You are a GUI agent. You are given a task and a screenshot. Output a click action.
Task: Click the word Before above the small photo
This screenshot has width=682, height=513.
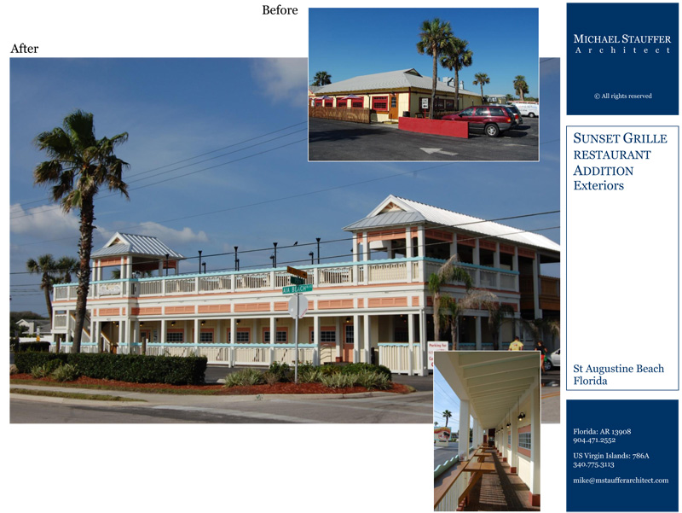(x=280, y=10)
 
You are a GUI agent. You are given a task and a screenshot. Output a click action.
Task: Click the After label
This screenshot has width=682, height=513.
(x=25, y=49)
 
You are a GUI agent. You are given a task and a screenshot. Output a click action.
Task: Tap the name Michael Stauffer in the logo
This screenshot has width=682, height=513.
(x=622, y=38)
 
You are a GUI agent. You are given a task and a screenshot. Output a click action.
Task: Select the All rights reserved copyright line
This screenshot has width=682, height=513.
(x=623, y=96)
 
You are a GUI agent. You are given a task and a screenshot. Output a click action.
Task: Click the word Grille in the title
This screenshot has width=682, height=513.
(x=644, y=138)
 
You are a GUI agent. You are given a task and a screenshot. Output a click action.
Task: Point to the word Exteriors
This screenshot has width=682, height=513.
(x=598, y=185)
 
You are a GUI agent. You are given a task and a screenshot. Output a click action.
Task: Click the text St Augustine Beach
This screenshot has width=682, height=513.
(x=619, y=369)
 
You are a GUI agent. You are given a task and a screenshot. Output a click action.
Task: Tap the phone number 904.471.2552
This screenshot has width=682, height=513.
(x=594, y=440)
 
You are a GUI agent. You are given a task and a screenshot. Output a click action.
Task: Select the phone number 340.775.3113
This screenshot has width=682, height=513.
(x=593, y=464)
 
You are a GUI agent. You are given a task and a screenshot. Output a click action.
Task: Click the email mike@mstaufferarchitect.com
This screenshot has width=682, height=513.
(x=621, y=481)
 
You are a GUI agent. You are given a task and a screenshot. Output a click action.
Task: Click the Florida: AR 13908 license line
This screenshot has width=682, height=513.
(x=602, y=432)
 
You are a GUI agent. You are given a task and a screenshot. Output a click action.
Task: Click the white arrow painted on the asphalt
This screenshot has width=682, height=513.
(x=438, y=151)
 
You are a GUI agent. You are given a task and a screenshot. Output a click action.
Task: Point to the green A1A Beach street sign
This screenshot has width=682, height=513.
(x=297, y=289)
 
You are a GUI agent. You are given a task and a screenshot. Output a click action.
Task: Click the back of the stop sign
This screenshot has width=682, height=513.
(x=298, y=306)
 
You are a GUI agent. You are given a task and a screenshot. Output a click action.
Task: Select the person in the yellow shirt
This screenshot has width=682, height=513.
(x=516, y=344)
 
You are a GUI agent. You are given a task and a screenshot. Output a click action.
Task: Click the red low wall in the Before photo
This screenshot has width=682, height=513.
(x=433, y=127)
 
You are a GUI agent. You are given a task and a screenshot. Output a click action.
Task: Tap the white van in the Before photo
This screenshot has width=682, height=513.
(x=527, y=109)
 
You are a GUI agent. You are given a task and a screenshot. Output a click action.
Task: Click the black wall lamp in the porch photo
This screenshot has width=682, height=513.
(x=521, y=417)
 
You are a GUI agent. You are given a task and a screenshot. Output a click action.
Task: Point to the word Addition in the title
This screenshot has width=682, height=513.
(x=603, y=171)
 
